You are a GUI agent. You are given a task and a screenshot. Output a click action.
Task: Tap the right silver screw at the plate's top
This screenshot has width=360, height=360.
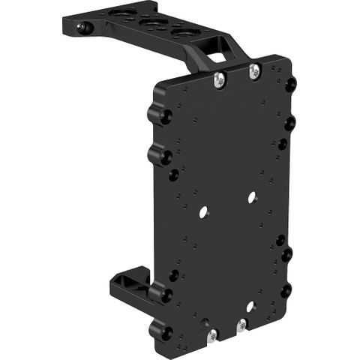click(x=254, y=70)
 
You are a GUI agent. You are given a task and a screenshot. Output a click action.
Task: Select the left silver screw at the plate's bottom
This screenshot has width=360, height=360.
click(x=213, y=335)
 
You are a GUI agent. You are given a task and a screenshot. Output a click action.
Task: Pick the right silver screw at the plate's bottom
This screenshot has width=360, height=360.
click(x=241, y=325)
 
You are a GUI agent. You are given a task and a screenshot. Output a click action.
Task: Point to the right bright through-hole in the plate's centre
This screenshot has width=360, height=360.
click(x=251, y=198)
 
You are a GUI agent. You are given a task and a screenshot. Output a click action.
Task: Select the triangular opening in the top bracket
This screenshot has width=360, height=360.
click(x=217, y=55)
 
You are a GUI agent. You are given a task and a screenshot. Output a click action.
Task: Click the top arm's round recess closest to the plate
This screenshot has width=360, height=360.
click(x=182, y=32)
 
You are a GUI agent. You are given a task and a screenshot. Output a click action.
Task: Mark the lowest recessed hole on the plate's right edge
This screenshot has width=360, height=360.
click(x=286, y=289)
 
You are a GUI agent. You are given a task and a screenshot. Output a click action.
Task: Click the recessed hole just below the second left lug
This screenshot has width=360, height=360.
click(x=174, y=175)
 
